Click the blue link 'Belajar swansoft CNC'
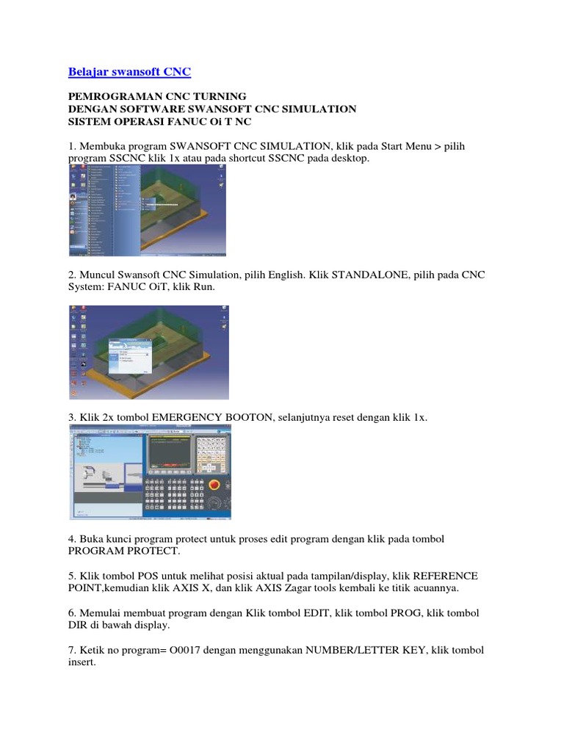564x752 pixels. point(129,72)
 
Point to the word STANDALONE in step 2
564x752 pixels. point(368,275)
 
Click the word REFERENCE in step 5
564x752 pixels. point(438,575)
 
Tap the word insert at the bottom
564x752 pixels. point(82,662)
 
